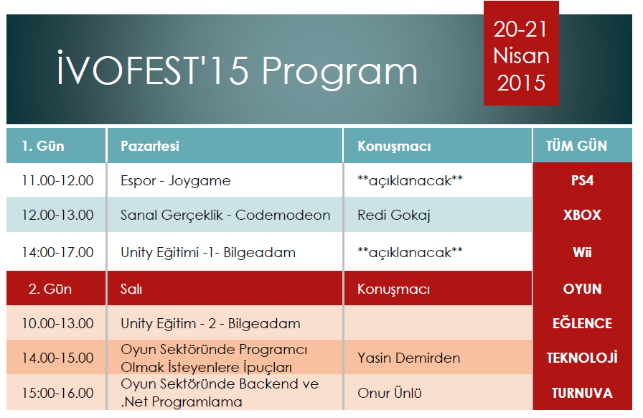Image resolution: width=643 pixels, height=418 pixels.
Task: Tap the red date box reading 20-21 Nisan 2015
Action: (x=521, y=53)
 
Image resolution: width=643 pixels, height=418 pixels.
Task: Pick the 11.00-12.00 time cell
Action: (x=57, y=180)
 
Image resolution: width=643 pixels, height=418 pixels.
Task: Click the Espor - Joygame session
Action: (x=176, y=181)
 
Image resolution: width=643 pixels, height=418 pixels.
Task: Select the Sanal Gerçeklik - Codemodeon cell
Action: (x=225, y=215)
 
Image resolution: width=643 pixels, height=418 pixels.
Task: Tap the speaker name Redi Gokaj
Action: (x=394, y=215)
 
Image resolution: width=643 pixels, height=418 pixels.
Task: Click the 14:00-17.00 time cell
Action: (x=57, y=252)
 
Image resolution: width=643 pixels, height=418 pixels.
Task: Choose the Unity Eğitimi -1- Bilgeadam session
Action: (x=208, y=253)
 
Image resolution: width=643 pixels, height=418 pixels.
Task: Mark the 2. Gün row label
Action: (x=50, y=289)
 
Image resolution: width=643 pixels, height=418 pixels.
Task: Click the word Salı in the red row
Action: (x=131, y=289)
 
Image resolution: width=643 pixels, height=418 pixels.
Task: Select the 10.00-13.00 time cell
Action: (x=57, y=323)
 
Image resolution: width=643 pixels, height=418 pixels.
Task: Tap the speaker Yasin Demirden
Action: (x=408, y=358)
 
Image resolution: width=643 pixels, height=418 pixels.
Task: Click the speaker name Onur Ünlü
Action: (x=390, y=393)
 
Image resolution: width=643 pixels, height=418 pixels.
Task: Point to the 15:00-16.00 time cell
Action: (x=57, y=393)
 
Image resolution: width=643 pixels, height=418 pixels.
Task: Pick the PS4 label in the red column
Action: (x=582, y=180)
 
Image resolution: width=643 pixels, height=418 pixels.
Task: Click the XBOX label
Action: (x=582, y=215)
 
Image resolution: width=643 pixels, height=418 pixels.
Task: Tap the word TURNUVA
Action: (x=582, y=393)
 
